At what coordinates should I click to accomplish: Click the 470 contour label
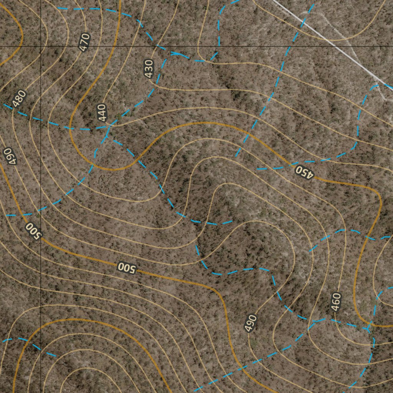84,42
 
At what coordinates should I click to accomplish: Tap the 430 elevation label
149,68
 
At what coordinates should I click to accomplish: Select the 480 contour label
19,99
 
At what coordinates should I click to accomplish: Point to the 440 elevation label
101,112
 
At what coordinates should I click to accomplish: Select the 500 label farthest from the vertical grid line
127,268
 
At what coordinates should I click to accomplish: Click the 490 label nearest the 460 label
250,323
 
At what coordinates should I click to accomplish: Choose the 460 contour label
336,302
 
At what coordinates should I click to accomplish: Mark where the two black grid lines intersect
41,46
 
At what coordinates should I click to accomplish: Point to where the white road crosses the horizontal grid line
336,46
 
